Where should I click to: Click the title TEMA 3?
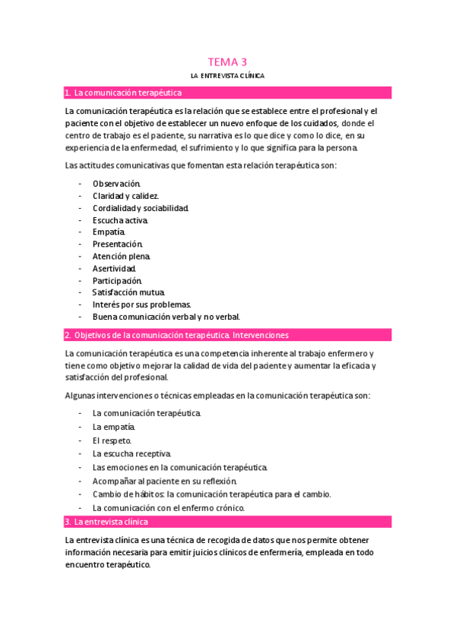(228, 62)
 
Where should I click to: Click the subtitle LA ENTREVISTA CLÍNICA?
(228, 76)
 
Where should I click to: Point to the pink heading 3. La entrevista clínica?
(111, 522)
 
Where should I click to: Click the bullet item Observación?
(116, 184)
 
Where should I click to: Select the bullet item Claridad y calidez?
(125, 196)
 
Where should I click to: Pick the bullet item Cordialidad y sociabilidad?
(141, 208)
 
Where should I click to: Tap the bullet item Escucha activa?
(121, 220)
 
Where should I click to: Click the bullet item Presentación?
(118, 245)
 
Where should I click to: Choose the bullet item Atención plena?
(122, 257)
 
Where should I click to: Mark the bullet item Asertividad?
(115, 269)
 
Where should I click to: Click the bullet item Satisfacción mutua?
(128, 292)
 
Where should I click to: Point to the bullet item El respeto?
(112, 440)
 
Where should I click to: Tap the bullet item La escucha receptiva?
(132, 453)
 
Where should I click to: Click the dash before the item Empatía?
(81, 232)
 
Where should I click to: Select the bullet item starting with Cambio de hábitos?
(212, 494)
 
